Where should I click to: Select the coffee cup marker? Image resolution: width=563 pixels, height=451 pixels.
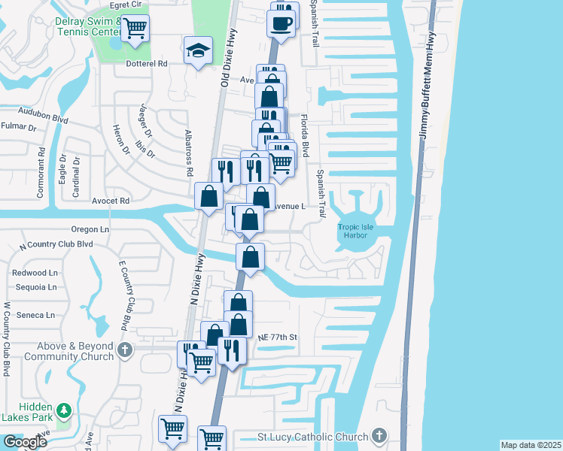point(281,22)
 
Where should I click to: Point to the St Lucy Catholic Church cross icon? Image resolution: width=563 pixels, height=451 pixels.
point(379,436)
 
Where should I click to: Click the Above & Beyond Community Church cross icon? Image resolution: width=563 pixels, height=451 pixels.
point(126,350)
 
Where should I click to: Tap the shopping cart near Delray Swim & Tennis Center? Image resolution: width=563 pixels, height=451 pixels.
point(135,29)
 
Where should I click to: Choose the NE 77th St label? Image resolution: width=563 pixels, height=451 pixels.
point(277,337)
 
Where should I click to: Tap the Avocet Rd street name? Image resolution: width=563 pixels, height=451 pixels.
point(111,201)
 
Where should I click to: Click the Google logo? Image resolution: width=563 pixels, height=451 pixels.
point(24,442)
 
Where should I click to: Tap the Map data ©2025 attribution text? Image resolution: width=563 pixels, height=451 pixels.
point(530,445)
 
